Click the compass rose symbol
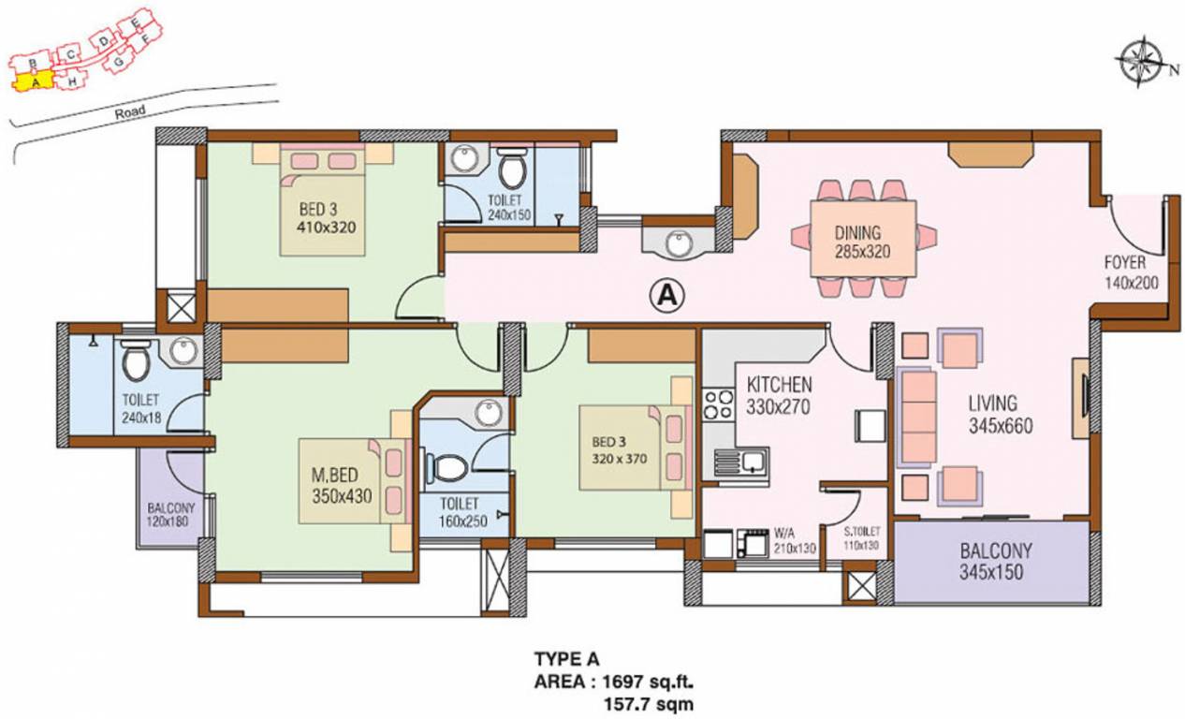1139,64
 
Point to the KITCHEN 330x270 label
779,395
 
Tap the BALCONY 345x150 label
991,562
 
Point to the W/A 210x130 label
793,542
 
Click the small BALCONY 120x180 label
169,518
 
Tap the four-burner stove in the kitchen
718,404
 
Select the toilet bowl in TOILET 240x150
512,170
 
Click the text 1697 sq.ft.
644,681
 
